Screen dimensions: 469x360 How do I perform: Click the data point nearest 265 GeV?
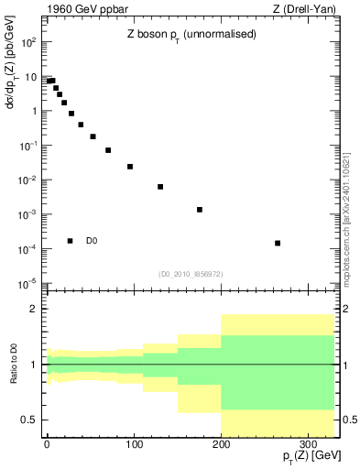pos(278,243)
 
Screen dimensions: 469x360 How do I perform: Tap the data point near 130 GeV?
pos(160,187)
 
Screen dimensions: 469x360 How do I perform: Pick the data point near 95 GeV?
pos(130,167)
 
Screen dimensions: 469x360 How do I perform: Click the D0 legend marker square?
pos(71,241)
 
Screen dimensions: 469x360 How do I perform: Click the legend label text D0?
pos(92,241)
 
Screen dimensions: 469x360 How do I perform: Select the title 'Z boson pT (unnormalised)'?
pos(191,34)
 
